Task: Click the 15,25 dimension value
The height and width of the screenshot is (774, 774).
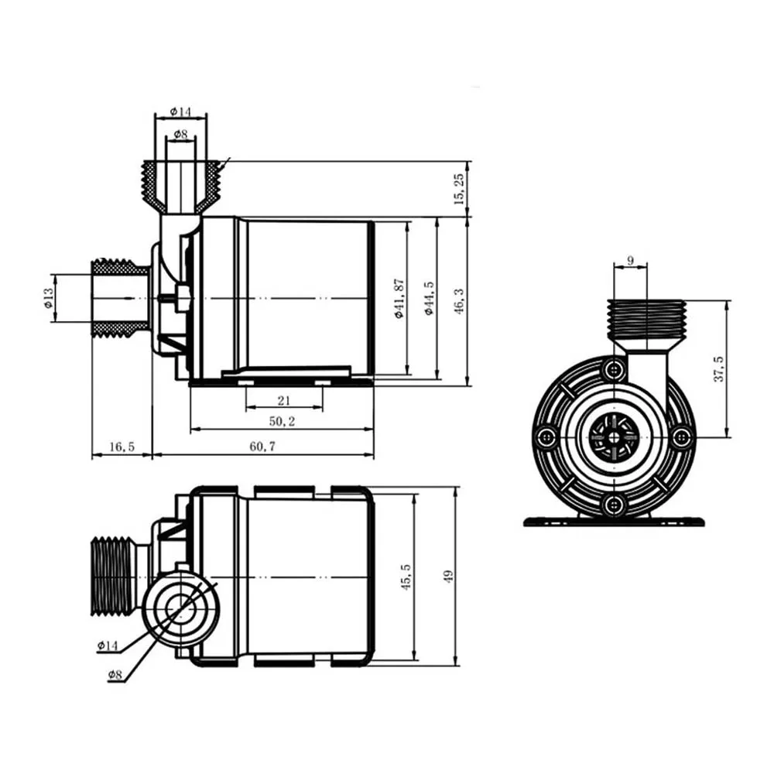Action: click(x=460, y=189)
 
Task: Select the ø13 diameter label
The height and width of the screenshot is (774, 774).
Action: click(x=48, y=297)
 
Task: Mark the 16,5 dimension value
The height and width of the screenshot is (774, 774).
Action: click(x=122, y=447)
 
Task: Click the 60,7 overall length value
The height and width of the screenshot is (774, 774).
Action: click(x=262, y=447)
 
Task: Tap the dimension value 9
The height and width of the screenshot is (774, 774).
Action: click(x=631, y=261)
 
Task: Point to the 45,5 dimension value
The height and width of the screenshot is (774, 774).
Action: click(x=406, y=577)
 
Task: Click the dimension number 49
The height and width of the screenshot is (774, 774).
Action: click(x=448, y=576)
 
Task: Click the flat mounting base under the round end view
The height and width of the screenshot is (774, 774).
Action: click(x=615, y=522)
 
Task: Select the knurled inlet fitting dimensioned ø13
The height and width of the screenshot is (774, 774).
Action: click(x=120, y=298)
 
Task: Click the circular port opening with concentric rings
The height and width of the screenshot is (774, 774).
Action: click(x=180, y=606)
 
